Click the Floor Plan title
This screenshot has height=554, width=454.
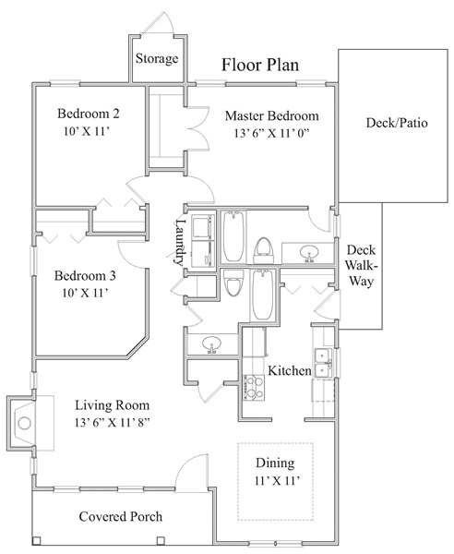coord(260,65)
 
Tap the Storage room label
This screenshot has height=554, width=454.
coord(157,59)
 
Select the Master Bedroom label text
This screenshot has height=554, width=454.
coord(272,116)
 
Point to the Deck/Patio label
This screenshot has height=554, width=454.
coord(397,123)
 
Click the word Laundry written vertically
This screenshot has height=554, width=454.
coord(180,242)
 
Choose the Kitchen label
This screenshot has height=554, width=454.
coord(290,370)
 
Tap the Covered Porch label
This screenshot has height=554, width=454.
coord(121,516)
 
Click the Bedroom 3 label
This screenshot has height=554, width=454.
coord(85,275)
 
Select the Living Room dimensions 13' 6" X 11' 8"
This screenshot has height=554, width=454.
coord(113,423)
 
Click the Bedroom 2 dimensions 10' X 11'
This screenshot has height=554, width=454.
coord(86,131)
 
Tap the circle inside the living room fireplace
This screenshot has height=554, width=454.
coord(24,423)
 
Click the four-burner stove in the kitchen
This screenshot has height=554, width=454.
coord(254,388)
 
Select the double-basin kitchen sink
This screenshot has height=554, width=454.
coord(323,364)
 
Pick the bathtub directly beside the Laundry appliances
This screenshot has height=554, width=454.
coord(233,236)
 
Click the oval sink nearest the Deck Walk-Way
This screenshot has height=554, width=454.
coord(309,253)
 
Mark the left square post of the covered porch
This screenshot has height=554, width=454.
coord(36,540)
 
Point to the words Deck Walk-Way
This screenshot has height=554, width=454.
coord(361,266)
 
